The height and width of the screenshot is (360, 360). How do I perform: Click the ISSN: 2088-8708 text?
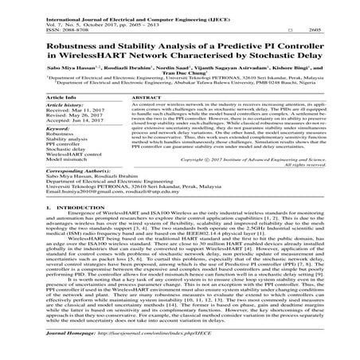[41, 25]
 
